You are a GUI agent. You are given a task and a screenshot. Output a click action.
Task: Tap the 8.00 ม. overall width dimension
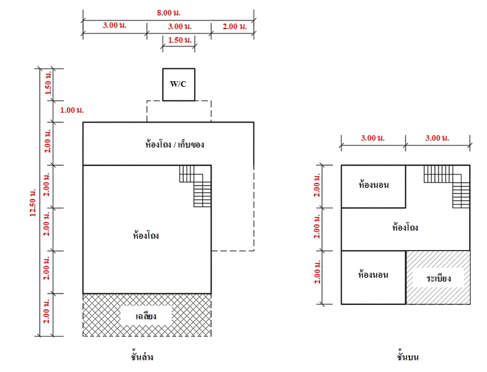click(168, 13)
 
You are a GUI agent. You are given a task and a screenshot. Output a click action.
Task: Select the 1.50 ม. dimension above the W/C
click(180, 40)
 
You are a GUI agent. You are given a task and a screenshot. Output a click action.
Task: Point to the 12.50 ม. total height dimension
click(33, 203)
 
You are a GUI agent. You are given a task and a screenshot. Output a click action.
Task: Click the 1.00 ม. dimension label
click(72, 110)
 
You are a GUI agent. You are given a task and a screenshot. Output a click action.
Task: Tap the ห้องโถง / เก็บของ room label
click(174, 144)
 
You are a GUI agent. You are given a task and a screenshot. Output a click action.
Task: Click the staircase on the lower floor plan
click(195, 186)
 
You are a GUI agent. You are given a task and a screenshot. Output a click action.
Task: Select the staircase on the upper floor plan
click(447, 187)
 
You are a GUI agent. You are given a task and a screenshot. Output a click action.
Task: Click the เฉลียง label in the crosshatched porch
click(146, 316)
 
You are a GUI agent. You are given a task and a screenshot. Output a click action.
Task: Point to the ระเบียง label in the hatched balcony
click(439, 278)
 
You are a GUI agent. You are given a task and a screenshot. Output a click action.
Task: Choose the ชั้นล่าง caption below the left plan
click(142, 356)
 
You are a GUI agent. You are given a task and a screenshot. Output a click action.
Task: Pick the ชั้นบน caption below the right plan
click(408, 356)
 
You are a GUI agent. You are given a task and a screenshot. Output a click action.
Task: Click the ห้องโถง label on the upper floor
click(405, 228)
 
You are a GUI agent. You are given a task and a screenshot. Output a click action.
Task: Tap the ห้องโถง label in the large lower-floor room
click(146, 236)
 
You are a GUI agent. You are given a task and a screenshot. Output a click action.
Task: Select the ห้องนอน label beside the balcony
click(373, 275)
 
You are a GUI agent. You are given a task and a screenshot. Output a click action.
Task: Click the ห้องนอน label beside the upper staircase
click(373, 185)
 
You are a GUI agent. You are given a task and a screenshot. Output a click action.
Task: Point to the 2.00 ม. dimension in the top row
click(235, 27)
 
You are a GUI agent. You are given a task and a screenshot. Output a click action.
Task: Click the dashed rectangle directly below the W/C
click(179, 111)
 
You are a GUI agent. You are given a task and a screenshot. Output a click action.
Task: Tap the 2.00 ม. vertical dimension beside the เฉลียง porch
click(47, 311)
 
